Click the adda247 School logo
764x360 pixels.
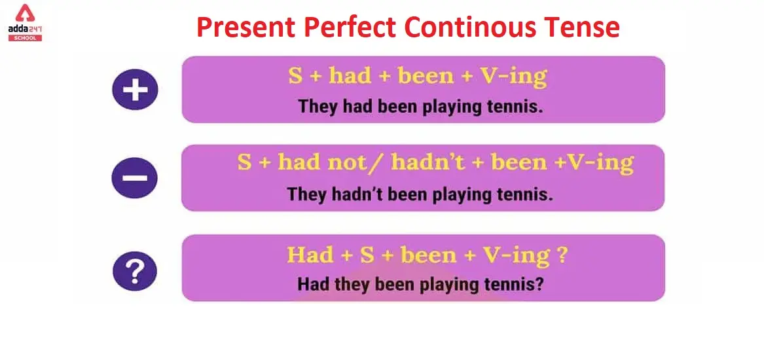(x=25, y=23)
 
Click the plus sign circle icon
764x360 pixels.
(x=135, y=90)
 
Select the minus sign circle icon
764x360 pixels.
(x=134, y=177)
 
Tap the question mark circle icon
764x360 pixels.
(x=135, y=272)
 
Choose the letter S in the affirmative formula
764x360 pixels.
(x=295, y=77)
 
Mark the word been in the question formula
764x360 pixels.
(x=425, y=255)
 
